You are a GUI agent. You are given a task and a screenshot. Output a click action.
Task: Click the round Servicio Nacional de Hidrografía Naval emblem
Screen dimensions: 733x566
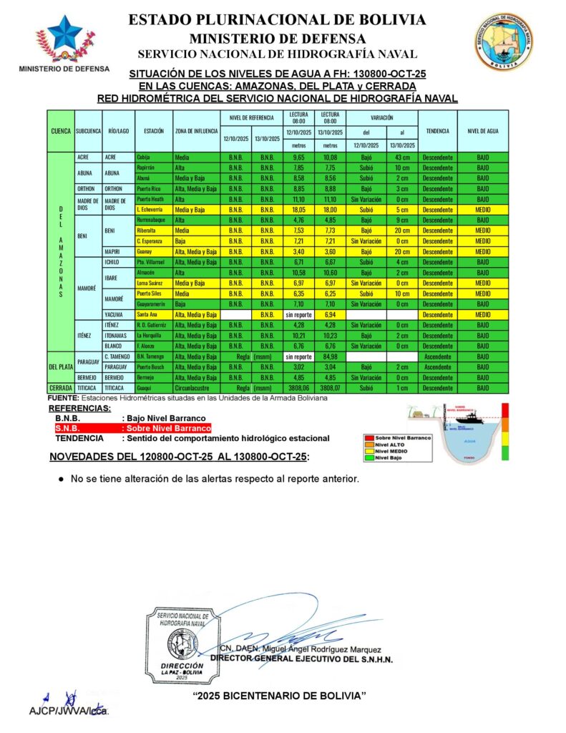(x=502, y=42)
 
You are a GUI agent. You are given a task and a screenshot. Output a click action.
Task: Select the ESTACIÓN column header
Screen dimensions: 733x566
(x=153, y=131)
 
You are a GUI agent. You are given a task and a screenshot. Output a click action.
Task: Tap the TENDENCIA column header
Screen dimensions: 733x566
(x=436, y=131)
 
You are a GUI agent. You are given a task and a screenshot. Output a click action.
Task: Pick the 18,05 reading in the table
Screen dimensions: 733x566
(x=299, y=209)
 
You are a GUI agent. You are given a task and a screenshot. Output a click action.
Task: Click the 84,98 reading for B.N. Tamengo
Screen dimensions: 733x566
(x=330, y=356)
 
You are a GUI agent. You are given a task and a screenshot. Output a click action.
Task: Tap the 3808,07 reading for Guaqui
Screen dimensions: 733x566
(x=330, y=387)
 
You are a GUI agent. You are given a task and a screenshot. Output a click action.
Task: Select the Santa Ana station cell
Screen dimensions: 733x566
(x=147, y=314)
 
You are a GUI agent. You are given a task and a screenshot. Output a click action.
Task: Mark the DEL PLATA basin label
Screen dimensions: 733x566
(x=60, y=366)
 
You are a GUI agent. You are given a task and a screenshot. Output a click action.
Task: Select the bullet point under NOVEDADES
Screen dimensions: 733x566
(x=62, y=479)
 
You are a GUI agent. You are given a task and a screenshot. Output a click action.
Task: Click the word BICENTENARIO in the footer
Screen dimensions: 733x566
(x=276, y=696)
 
